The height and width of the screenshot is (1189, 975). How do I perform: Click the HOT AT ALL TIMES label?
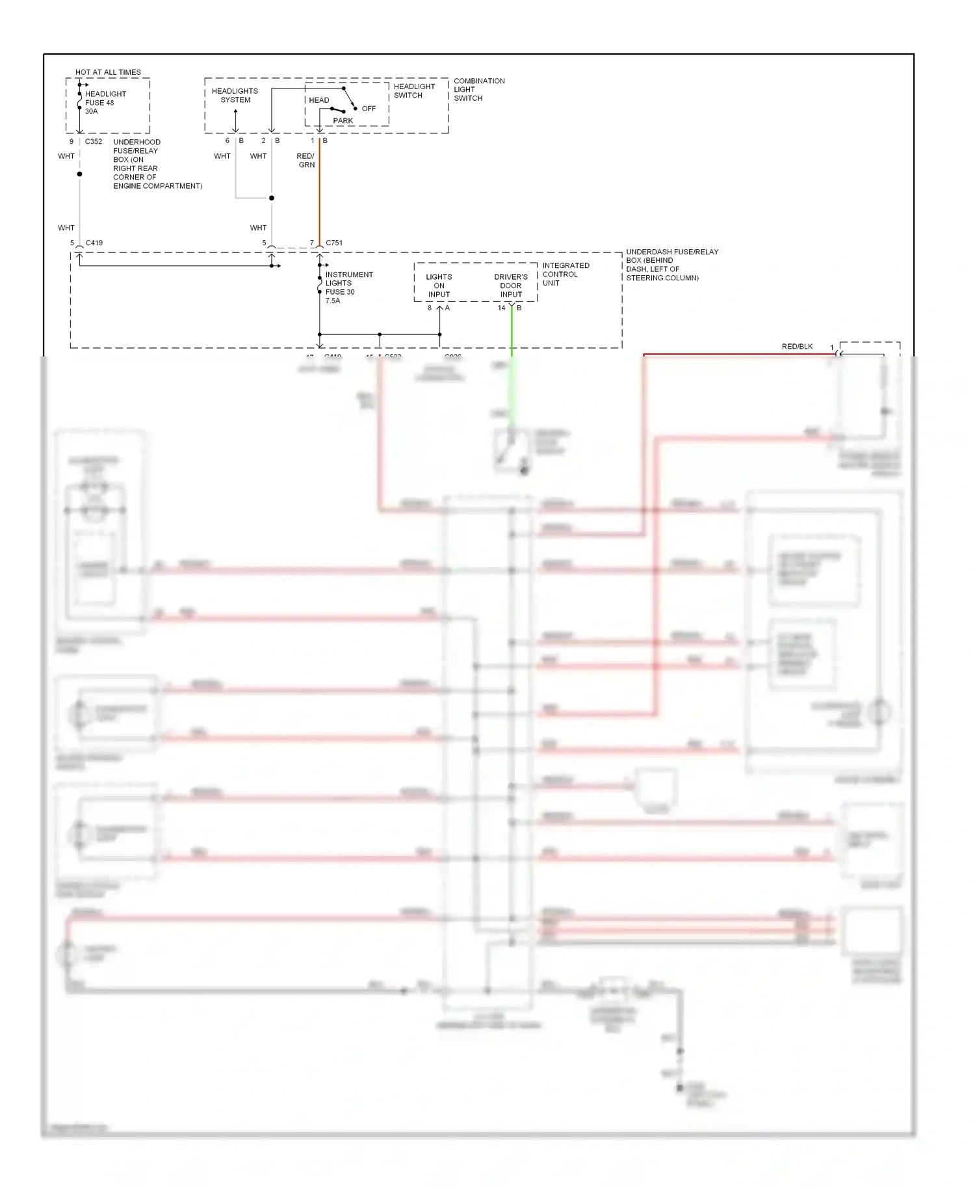[108, 72]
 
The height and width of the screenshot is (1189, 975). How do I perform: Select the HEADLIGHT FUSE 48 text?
[105, 98]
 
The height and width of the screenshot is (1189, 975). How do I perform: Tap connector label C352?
[94, 141]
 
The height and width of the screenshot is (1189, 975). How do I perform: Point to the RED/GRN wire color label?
[305, 160]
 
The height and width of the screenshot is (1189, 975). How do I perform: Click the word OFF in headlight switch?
[369, 109]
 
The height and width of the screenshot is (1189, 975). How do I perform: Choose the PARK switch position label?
[343, 120]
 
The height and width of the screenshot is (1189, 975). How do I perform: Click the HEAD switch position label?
[318, 100]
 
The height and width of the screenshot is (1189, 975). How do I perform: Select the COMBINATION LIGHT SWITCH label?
[478, 90]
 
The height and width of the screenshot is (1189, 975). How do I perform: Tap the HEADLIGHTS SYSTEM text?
[235, 95]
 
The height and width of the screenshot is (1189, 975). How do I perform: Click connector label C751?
[334, 243]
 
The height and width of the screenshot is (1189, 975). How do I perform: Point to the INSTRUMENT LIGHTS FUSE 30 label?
[348, 284]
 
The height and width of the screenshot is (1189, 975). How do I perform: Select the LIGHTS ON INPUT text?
[439, 286]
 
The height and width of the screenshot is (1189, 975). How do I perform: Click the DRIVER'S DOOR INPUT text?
[511, 286]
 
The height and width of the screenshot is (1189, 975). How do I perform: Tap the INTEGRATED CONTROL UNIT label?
[565, 274]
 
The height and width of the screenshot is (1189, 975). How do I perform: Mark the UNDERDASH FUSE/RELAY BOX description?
[671, 265]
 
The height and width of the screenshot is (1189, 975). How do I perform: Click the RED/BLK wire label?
[797, 347]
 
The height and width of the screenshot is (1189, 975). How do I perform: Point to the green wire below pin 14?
[512, 332]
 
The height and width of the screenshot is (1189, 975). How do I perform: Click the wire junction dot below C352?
[79, 174]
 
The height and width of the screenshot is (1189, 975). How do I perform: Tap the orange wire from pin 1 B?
[319, 195]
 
